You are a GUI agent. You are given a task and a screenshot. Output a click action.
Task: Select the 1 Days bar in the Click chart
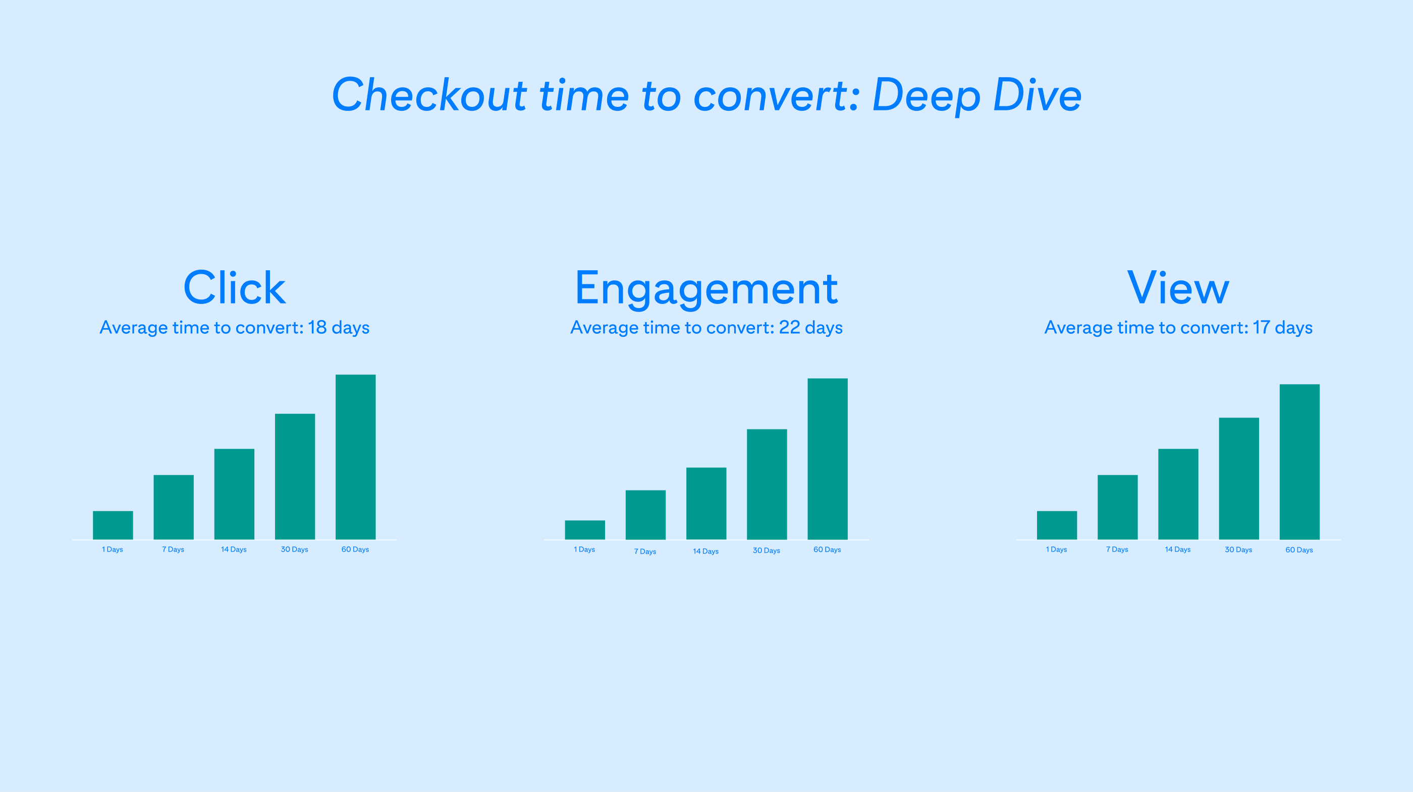(x=113, y=525)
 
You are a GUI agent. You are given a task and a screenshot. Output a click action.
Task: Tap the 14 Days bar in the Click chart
(x=234, y=494)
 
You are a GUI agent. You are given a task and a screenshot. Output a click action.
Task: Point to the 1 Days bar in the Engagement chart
(x=585, y=529)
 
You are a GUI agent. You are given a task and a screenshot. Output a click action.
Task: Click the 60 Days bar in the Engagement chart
(x=827, y=459)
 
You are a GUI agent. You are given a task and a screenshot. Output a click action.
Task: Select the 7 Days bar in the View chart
(x=1117, y=507)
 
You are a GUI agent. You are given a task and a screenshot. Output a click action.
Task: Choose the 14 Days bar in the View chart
(x=1178, y=494)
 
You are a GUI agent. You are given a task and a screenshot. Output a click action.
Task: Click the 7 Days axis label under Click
(x=173, y=549)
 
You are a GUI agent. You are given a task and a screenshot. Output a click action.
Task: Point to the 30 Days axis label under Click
(x=295, y=549)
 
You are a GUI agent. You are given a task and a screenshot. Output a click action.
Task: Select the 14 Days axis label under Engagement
(x=705, y=552)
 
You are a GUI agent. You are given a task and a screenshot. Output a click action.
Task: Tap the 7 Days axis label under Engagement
(x=645, y=552)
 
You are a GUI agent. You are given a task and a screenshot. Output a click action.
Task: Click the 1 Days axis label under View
(x=1056, y=549)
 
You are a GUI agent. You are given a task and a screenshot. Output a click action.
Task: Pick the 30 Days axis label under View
(x=1238, y=550)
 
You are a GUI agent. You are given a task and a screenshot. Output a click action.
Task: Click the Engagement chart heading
(x=706, y=288)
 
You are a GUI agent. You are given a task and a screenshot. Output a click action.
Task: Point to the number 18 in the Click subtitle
(x=317, y=327)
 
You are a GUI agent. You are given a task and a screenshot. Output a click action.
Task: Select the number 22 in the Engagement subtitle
(x=789, y=327)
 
